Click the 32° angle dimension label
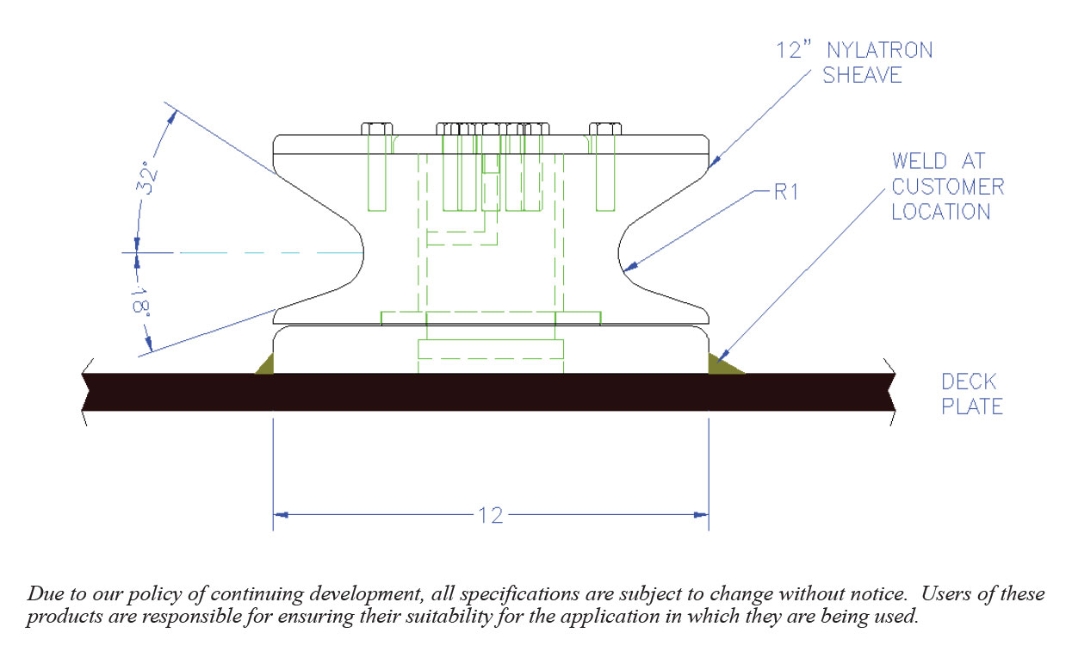pyautogui.click(x=147, y=177)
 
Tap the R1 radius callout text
pyautogui.click(x=786, y=192)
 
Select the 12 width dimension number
pyautogui.click(x=491, y=515)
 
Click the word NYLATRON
pyautogui.click(x=880, y=50)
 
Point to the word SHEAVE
pyautogui.click(x=862, y=75)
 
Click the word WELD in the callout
pyautogui.click(x=919, y=161)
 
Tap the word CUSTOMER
pyautogui.click(x=947, y=187)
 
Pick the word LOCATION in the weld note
pyautogui.click(x=941, y=212)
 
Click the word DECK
pyautogui.click(x=968, y=382)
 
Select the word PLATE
pyautogui.click(x=971, y=407)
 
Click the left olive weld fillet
pyautogui.click(x=266, y=366)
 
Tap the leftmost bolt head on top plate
pyautogui.click(x=376, y=128)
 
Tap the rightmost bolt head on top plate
pyautogui.click(x=605, y=128)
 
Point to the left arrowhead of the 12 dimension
pyautogui.click(x=281, y=515)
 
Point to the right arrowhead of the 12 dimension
pyautogui.click(x=701, y=515)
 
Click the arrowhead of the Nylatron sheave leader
pyautogui.click(x=714, y=162)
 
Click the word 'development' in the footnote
pyautogui.click(x=366, y=595)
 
